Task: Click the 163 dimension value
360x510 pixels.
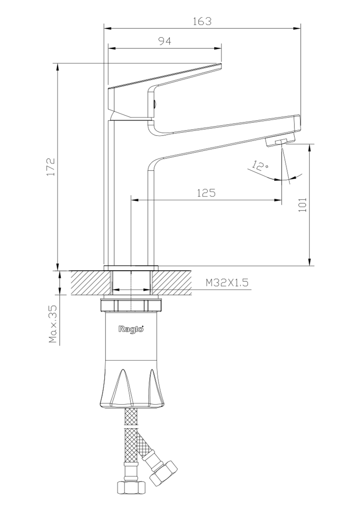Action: pyautogui.click(x=202, y=21)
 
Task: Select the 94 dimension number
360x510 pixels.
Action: pyautogui.click(x=165, y=41)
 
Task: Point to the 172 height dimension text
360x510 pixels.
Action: pyautogui.click(x=51, y=166)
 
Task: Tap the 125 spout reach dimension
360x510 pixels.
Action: pyautogui.click(x=206, y=193)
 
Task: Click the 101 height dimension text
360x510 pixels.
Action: pyautogui.click(x=302, y=205)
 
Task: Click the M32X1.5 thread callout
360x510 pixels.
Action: pyautogui.click(x=227, y=283)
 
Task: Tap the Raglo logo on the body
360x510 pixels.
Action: pyautogui.click(x=131, y=329)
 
